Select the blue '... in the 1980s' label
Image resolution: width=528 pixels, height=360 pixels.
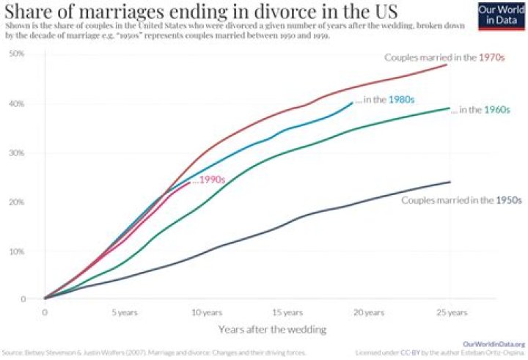[x=384, y=100]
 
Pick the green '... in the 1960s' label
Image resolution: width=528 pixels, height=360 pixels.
[x=480, y=110]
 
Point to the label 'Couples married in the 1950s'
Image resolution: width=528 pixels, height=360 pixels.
[x=461, y=199]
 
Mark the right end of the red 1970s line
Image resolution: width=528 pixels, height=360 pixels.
[x=447, y=65]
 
